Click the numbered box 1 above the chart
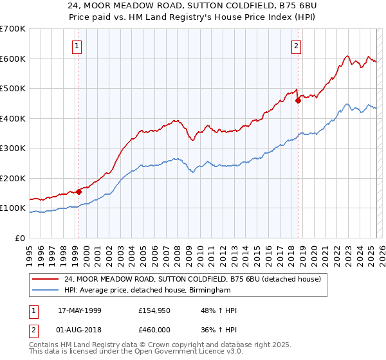(x=77, y=46)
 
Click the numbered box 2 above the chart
(x=296, y=46)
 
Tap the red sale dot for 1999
(x=78, y=192)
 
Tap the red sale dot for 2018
(x=299, y=100)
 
